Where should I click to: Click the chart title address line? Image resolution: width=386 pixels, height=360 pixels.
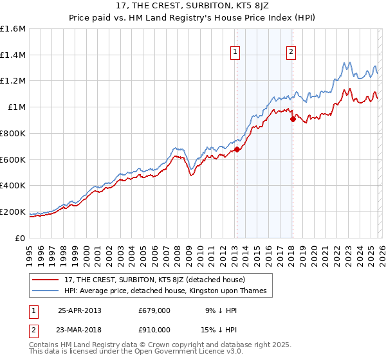click(192, 6)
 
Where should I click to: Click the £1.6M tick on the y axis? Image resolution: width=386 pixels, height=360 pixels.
click(13, 29)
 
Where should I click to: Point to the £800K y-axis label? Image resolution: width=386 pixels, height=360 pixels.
click(12, 133)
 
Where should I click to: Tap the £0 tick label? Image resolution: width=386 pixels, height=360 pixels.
click(21, 238)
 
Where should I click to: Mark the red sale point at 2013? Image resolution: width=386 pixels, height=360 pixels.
click(236, 149)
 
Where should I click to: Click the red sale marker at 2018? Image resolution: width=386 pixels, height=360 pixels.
click(292, 119)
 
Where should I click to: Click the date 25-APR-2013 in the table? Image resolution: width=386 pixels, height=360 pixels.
click(79, 310)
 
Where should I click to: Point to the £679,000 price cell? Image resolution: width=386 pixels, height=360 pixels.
click(154, 310)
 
